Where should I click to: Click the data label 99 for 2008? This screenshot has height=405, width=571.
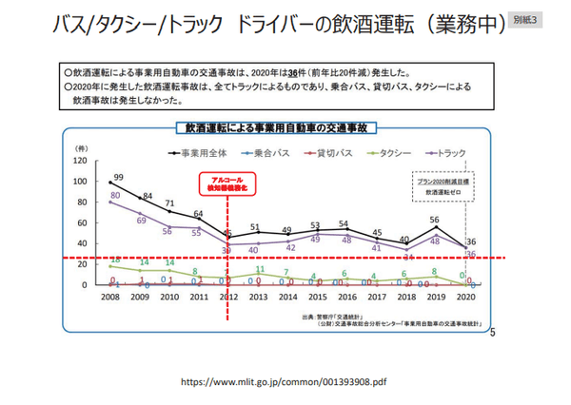coord(118,177)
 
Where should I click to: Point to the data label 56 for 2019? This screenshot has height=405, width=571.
coord(435,219)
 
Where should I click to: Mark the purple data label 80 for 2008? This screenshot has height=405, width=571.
coord(114,196)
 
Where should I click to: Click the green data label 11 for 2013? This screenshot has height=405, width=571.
coord(260,269)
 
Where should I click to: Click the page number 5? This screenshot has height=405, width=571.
coord(492,333)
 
